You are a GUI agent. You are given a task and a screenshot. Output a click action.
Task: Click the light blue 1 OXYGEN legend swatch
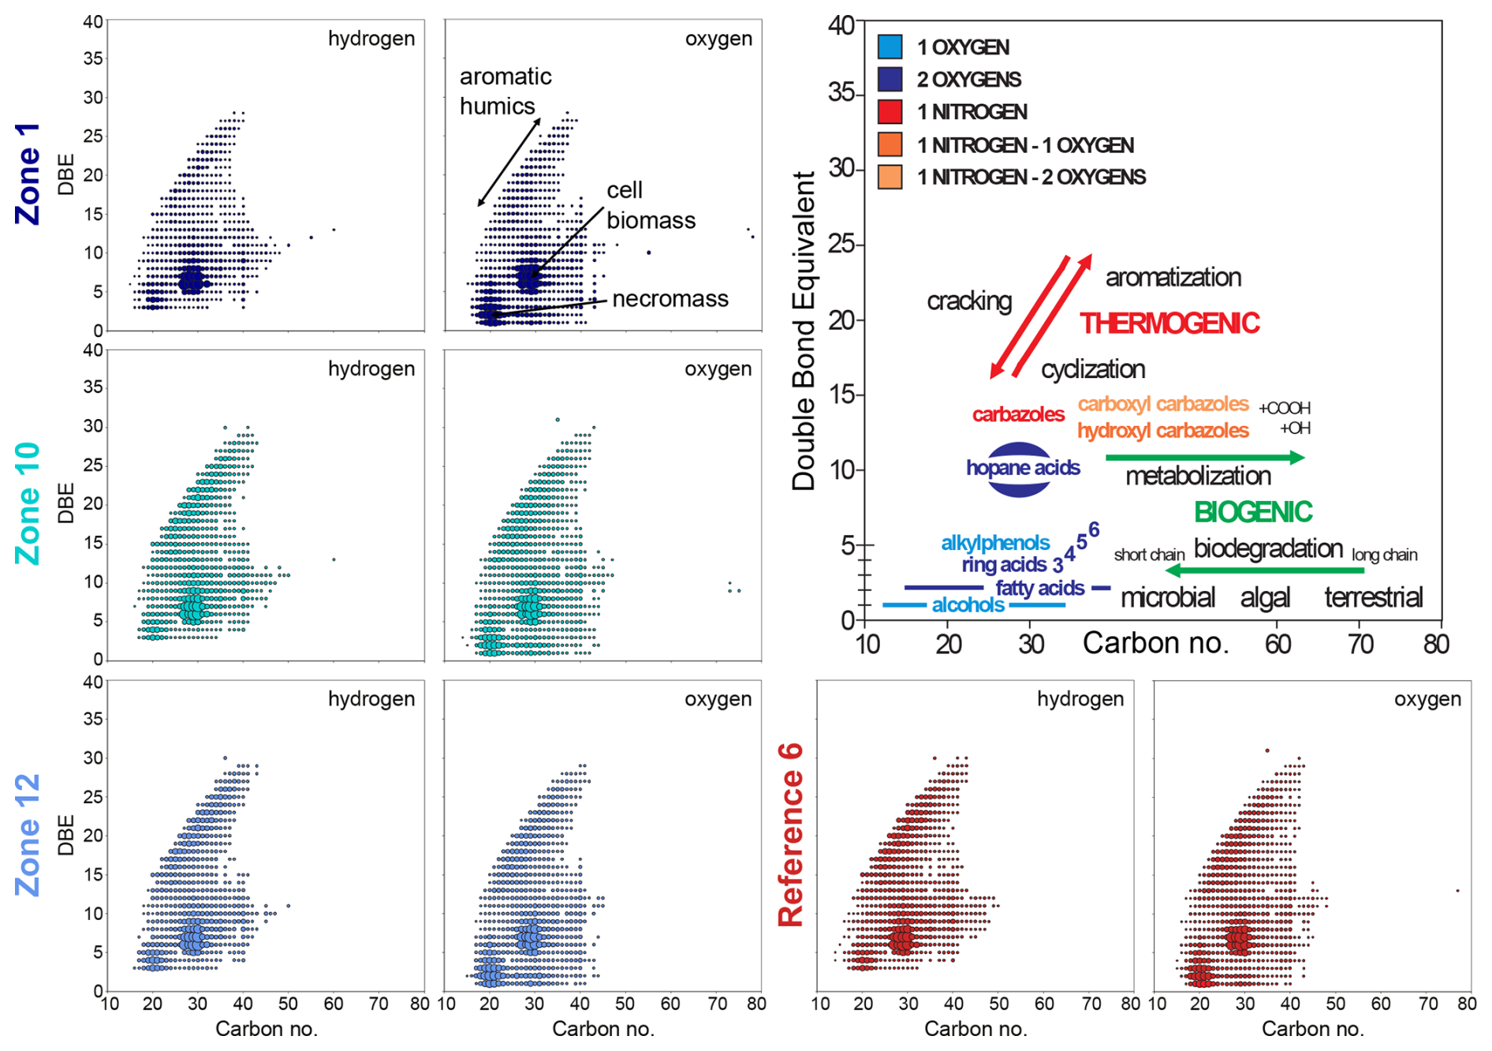point(890,47)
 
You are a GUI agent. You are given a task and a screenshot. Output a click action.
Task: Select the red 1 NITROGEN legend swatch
point(890,112)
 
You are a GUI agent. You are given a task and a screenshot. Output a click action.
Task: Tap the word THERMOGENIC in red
point(1169,324)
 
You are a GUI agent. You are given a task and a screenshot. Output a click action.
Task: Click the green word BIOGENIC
point(1252,513)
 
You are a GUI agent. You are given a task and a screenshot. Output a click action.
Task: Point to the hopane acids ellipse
point(1020,469)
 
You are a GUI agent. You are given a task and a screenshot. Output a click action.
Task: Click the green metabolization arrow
point(1204,457)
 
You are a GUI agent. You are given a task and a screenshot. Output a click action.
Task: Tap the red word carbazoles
point(1017,414)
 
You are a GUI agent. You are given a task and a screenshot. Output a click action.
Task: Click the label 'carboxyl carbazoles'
point(1162,404)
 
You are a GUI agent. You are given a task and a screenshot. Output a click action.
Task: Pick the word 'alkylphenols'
point(994,543)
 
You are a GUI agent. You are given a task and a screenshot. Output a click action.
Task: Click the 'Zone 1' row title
point(28,174)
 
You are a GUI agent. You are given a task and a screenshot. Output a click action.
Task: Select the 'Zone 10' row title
point(28,503)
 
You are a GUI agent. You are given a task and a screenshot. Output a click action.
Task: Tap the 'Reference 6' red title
point(790,834)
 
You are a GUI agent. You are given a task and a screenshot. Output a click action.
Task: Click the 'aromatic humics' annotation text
point(505,91)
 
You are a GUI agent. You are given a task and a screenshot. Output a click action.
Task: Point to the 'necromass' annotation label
point(670,299)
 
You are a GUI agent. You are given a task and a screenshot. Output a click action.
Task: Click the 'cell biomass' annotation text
point(650,205)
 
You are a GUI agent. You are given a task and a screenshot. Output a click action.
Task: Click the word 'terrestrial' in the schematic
point(1373,597)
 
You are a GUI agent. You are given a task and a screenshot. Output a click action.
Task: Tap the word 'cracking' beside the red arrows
point(968,301)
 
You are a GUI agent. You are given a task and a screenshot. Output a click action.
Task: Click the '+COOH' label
point(1284,408)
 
